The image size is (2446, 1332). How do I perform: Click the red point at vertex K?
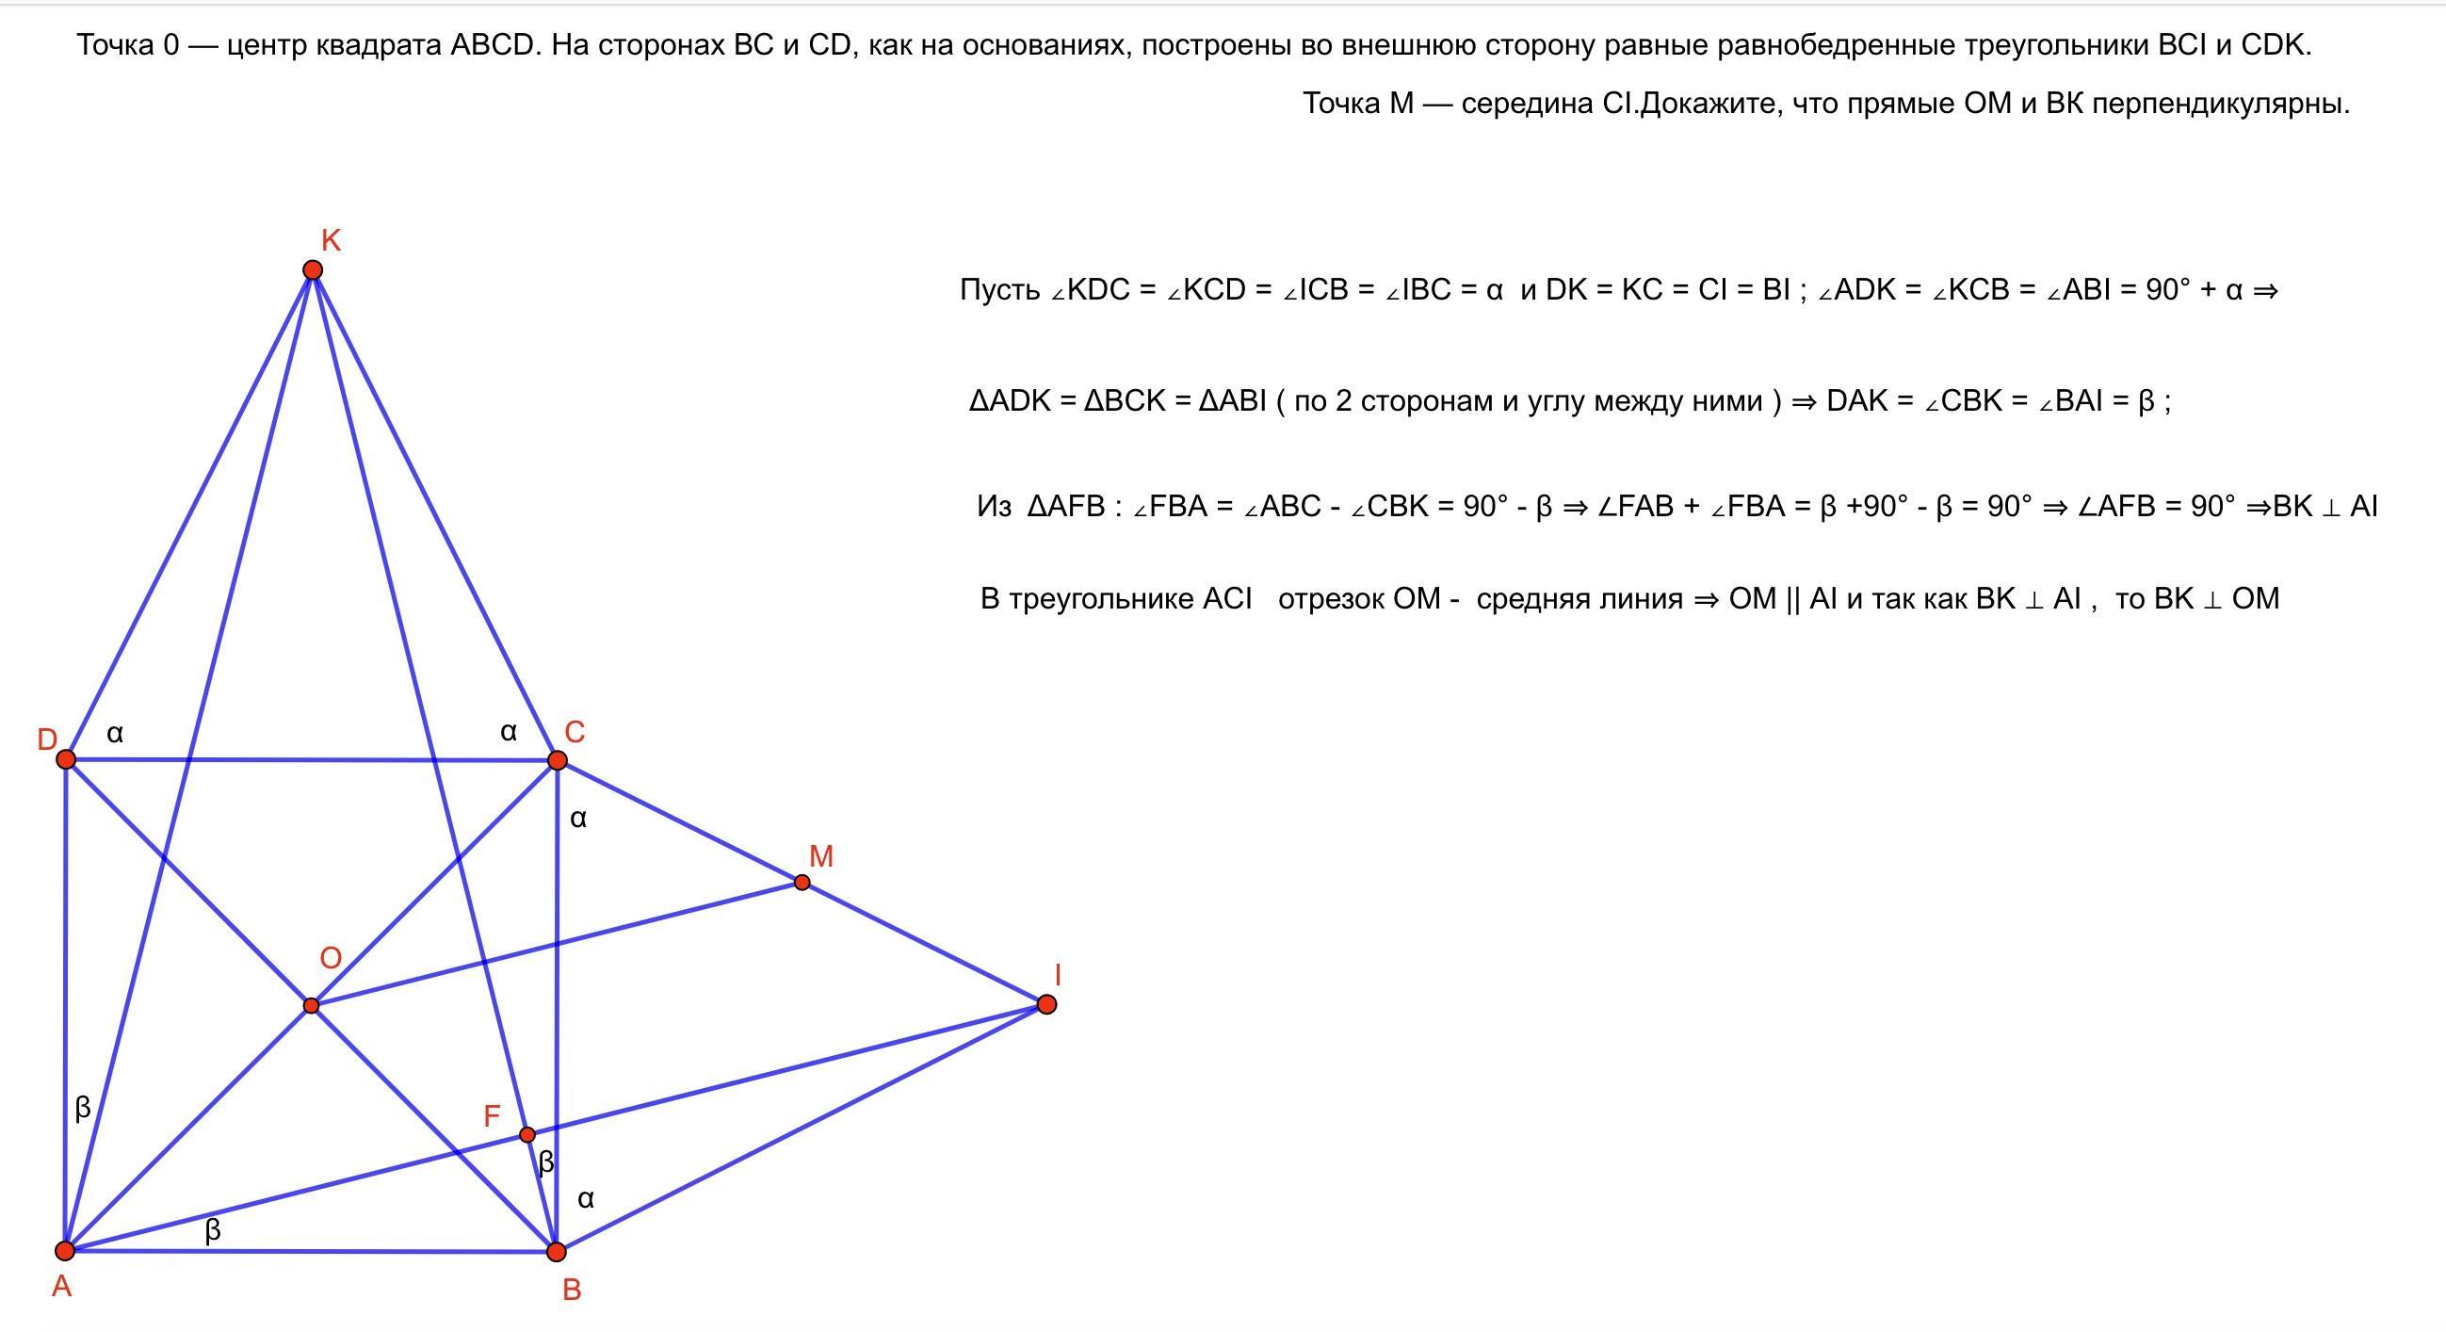313,270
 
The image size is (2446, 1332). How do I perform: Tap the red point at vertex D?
66,758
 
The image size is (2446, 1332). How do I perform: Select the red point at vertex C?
558,759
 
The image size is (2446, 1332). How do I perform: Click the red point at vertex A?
65,1249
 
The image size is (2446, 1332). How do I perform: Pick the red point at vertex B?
557,1251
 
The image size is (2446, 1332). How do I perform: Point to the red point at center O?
311,1005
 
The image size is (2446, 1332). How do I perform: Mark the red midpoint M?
802,882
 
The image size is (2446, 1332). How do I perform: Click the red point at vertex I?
1046,1004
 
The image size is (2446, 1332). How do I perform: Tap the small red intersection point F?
527,1133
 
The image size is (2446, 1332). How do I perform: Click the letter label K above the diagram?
331,240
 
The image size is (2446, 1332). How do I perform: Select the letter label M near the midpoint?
820,856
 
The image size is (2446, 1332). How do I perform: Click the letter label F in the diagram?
492,1115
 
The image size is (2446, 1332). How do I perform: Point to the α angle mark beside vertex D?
115,733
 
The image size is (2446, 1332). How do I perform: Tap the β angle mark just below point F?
546,1162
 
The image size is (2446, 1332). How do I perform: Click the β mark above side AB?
213,1229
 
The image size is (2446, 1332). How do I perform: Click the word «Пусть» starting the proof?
999,289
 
